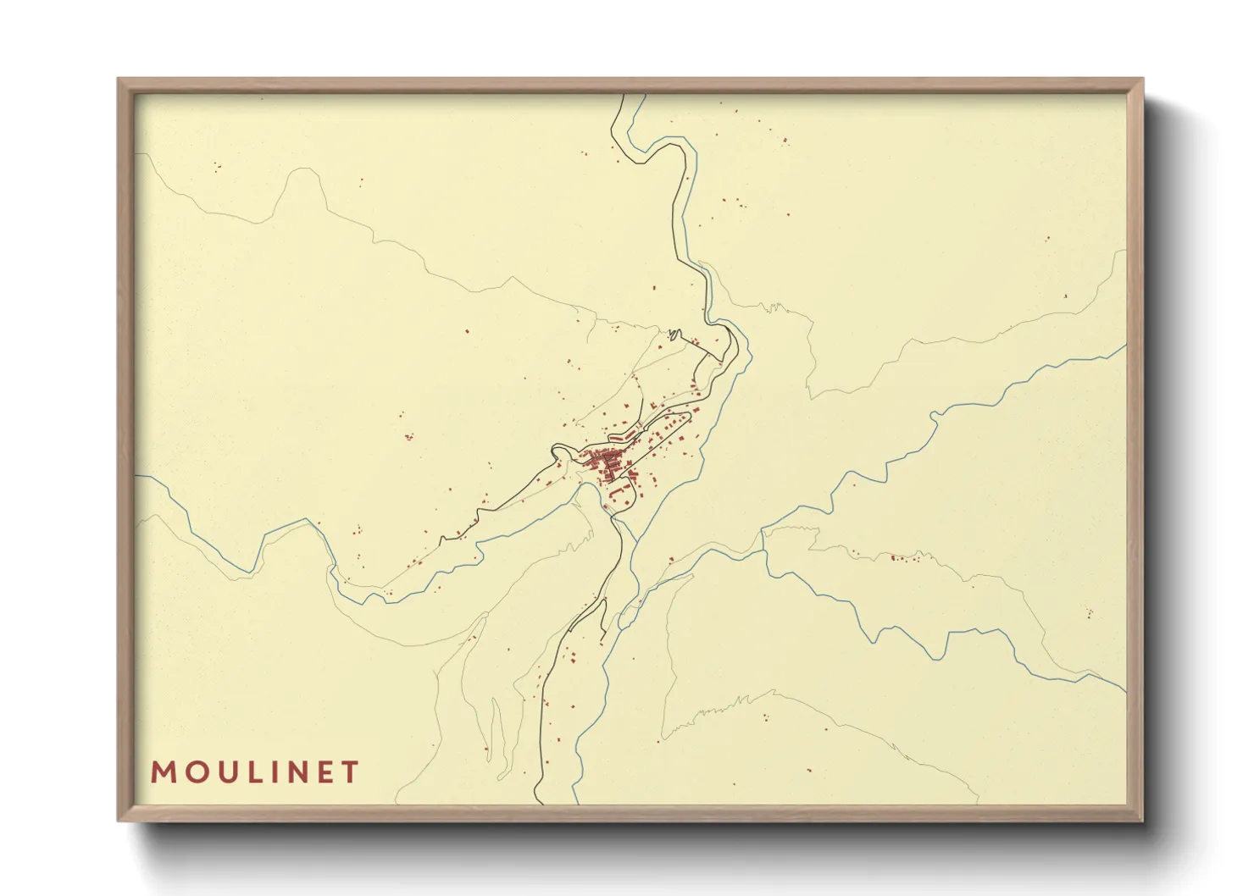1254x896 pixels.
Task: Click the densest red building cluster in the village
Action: point(605,464)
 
